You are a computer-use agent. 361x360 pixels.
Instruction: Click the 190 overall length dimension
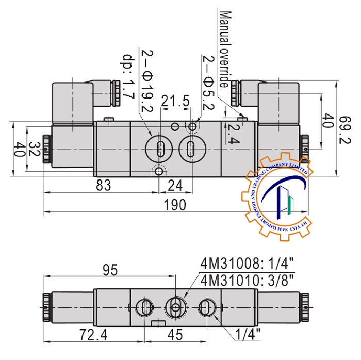(x=175, y=205)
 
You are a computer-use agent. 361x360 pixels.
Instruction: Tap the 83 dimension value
(x=104, y=185)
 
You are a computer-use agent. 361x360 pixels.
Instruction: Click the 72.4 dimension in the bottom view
(x=93, y=335)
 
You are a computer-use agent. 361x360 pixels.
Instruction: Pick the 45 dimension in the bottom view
(x=175, y=335)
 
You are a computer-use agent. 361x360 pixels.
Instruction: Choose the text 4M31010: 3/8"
(x=247, y=282)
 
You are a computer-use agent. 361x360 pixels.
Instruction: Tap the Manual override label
(x=224, y=49)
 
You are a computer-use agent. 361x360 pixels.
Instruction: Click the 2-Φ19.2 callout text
(x=142, y=83)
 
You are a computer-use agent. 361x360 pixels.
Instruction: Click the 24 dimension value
(x=176, y=185)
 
